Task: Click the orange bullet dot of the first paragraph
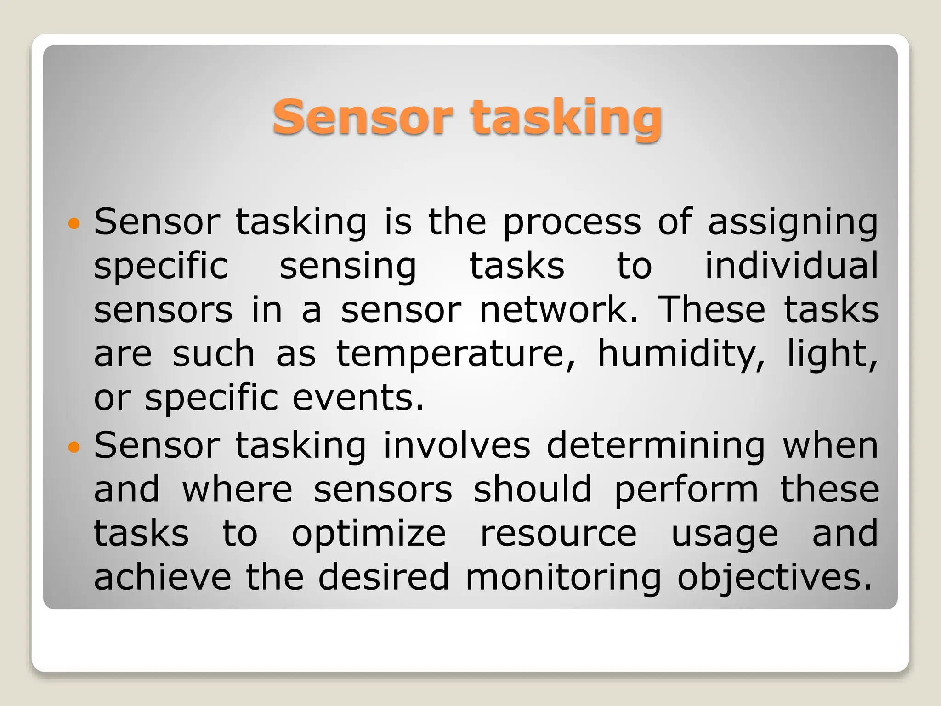click(74, 224)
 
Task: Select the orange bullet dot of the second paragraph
click(74, 447)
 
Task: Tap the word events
click(358, 398)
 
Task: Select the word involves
click(457, 446)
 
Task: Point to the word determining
click(656, 446)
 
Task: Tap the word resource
click(558, 534)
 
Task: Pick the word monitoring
click(563, 578)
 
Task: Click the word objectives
click(774, 578)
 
